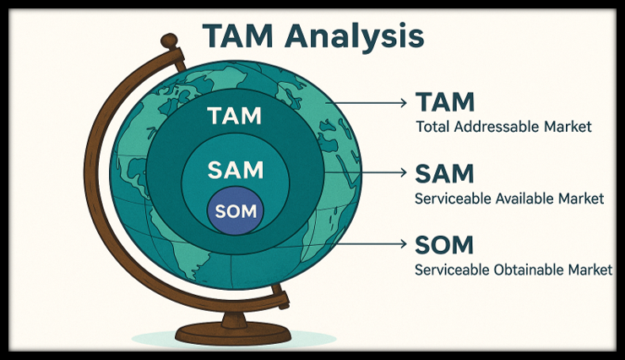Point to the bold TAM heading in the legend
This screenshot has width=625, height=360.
445,103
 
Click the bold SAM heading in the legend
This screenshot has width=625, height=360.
445,174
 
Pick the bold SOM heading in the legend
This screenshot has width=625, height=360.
445,245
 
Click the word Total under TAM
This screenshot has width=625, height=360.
432,128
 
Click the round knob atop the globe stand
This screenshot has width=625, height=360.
170,40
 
